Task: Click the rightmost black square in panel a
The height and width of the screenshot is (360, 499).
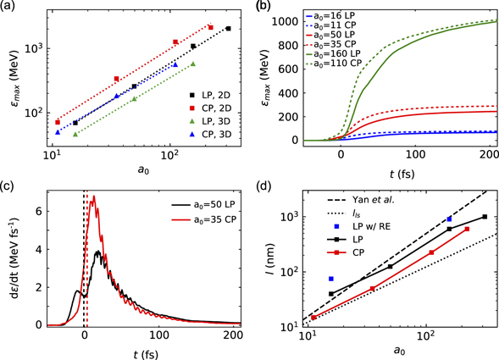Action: pyautogui.click(x=228, y=29)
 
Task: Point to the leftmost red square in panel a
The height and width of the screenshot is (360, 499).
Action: pyautogui.click(x=58, y=122)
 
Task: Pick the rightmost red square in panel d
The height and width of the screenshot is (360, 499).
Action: pyautogui.click(x=467, y=229)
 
